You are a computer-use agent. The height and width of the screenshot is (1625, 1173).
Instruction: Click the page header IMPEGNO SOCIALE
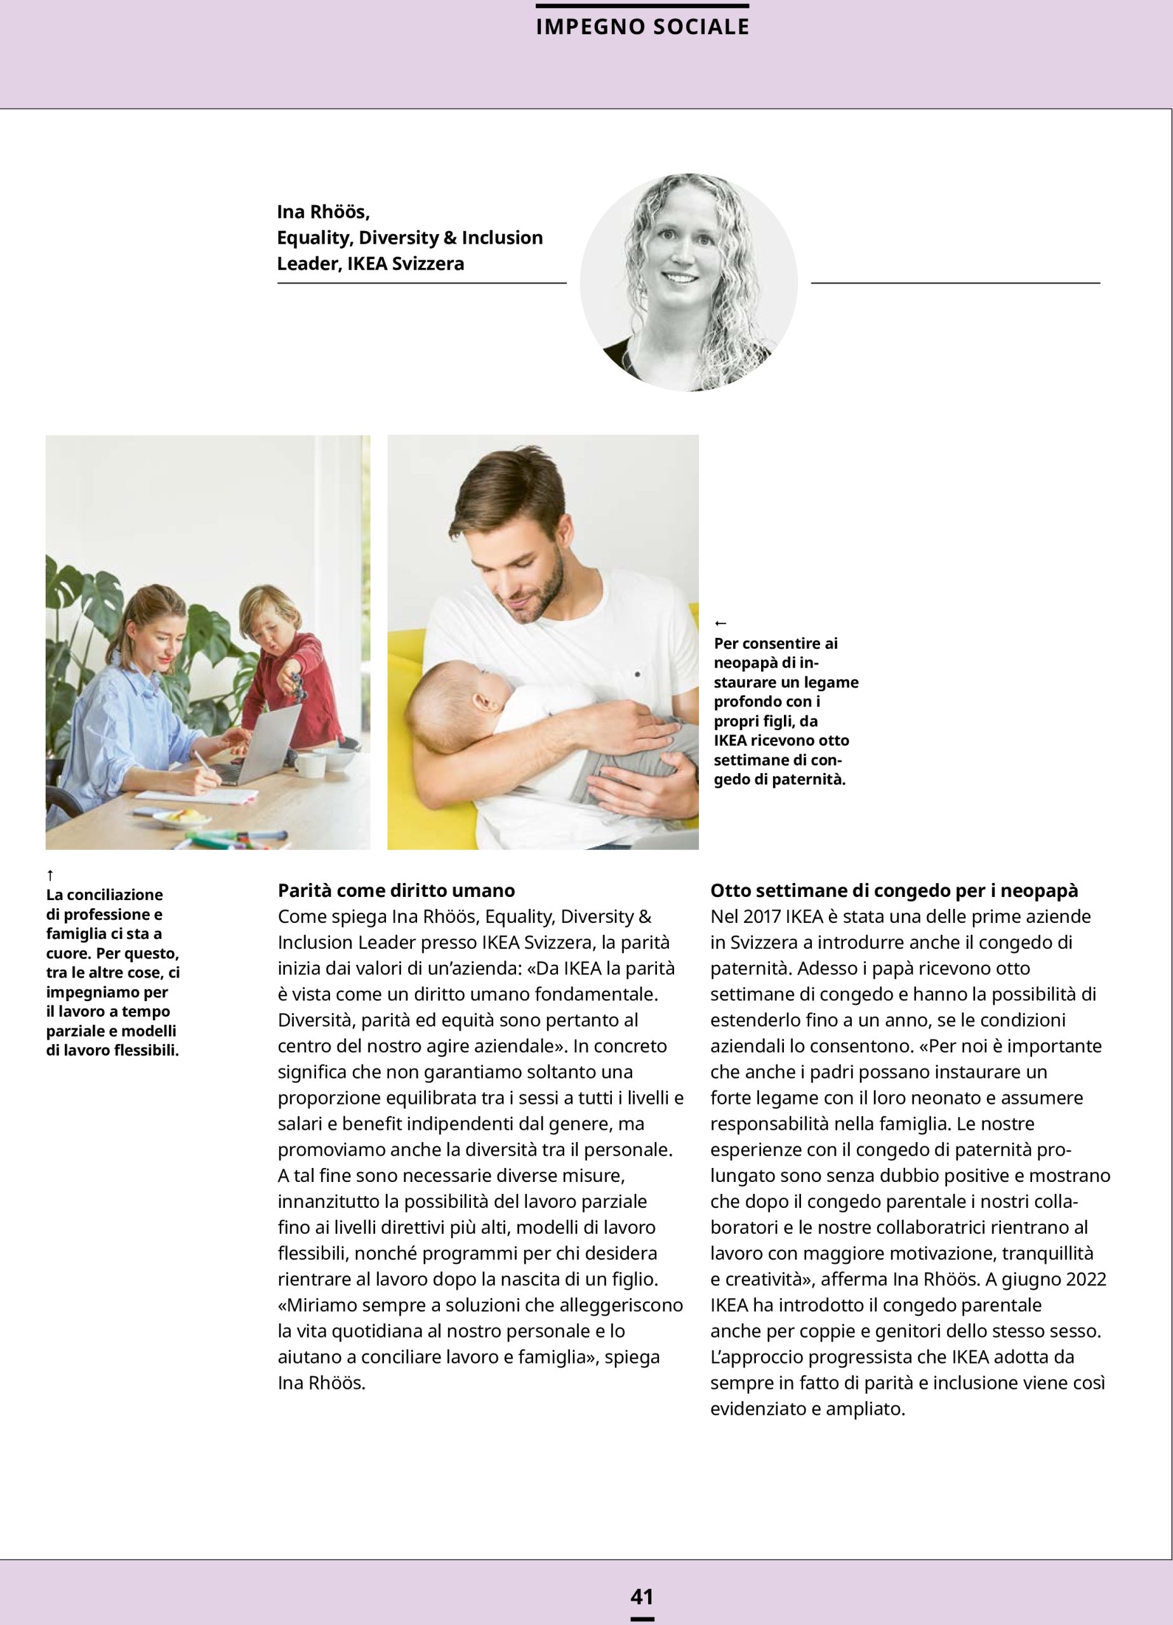[642, 27]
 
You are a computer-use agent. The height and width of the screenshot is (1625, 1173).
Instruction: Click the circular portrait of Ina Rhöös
[688, 282]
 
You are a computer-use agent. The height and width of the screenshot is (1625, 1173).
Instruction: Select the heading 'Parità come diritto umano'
[396, 891]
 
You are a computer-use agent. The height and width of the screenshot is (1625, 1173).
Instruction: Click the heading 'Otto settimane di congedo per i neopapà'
[894, 891]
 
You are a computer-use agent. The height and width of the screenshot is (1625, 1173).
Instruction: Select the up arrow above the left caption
[50, 875]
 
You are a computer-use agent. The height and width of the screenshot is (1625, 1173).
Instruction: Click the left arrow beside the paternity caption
[720, 624]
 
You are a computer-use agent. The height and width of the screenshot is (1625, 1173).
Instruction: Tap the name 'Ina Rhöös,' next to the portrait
[323, 212]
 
